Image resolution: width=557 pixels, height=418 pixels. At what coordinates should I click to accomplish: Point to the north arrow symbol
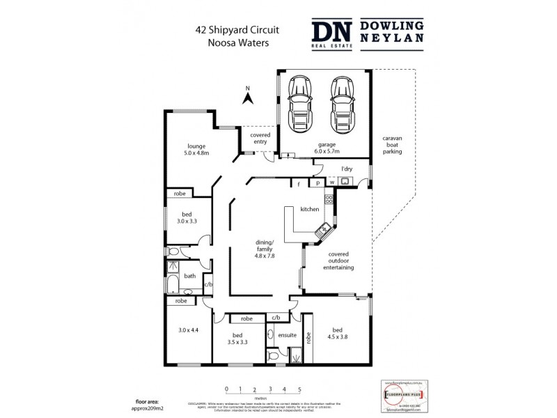(246, 97)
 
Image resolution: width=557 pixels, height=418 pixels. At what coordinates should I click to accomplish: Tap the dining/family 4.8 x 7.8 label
(263, 249)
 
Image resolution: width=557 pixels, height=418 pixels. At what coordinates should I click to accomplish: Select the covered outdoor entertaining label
(336, 262)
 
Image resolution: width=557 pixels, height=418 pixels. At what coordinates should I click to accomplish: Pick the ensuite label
(288, 335)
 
